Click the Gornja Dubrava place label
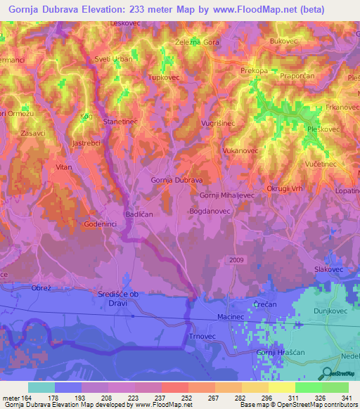(x=176, y=180)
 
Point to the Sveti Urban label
(x=114, y=59)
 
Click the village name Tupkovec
(x=165, y=78)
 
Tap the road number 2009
(x=237, y=260)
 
